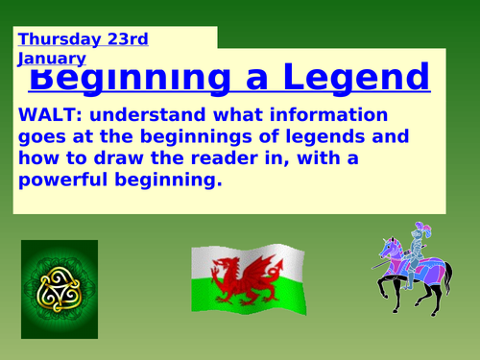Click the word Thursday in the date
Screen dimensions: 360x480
click(x=56, y=39)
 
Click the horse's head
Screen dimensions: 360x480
click(x=386, y=247)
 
